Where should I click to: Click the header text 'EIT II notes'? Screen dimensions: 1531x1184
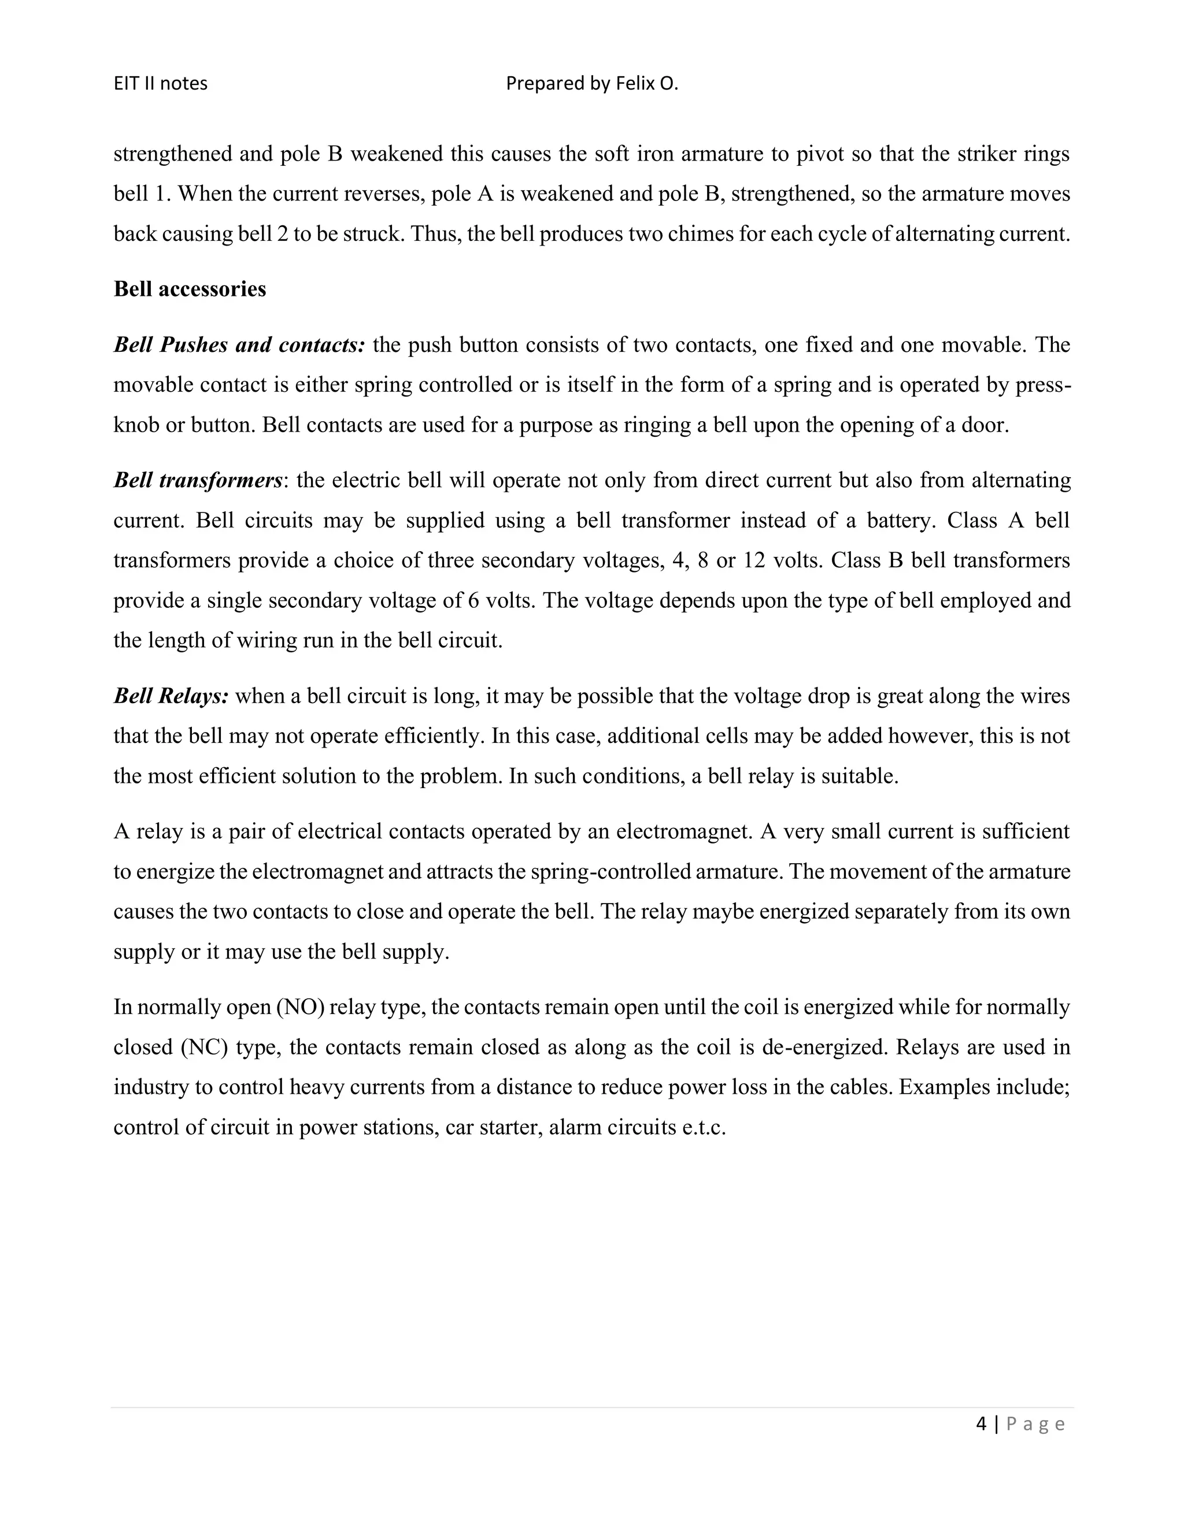tap(161, 83)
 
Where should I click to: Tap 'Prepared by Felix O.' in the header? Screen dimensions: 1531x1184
tap(592, 83)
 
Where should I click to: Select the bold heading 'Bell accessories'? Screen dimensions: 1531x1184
tap(190, 289)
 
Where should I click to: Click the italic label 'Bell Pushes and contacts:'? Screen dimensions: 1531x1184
tap(239, 345)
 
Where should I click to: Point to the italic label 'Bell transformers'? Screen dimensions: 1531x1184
tap(198, 480)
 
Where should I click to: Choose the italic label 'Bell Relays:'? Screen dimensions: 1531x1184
tap(171, 696)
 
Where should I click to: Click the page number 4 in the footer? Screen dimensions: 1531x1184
tap(980, 1424)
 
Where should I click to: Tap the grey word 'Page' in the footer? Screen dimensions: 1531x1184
tap(1035, 1424)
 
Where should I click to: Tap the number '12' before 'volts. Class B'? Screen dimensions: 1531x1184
tap(754, 560)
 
